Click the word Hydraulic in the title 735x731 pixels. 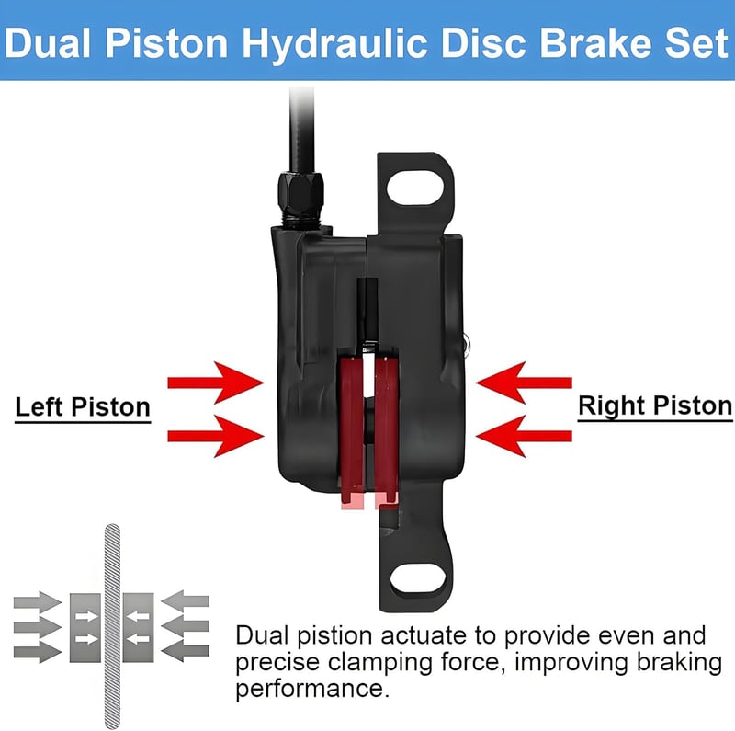(334, 43)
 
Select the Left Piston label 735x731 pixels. (83, 406)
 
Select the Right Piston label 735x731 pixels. (655, 405)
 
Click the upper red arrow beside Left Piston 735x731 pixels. (216, 383)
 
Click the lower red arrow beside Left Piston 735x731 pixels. (216, 436)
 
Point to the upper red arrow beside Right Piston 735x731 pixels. (524, 383)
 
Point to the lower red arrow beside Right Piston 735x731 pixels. (524, 436)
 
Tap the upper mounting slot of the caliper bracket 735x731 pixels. (415, 188)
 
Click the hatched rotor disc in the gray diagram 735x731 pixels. (112, 626)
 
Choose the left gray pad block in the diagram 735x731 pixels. (85, 628)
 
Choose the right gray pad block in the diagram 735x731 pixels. (139, 628)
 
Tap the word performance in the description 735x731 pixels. (312, 690)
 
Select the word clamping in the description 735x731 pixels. (380, 664)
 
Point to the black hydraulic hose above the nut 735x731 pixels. (301, 130)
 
